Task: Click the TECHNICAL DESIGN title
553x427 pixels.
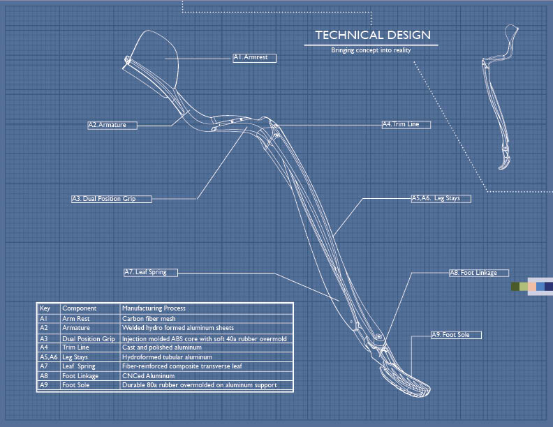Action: point(372,35)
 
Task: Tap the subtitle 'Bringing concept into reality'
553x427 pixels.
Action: point(371,50)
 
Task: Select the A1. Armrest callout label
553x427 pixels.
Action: point(255,58)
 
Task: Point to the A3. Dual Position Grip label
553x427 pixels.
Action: point(112,199)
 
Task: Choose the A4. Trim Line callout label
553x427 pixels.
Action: point(405,124)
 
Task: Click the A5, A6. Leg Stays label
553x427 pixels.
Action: point(440,198)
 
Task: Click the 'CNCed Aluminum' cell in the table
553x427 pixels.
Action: point(147,375)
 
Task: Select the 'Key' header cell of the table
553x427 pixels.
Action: point(45,308)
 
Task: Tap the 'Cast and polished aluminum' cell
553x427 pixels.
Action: point(162,347)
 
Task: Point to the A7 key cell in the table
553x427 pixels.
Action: point(45,366)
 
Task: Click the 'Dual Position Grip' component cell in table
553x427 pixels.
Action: point(89,338)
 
